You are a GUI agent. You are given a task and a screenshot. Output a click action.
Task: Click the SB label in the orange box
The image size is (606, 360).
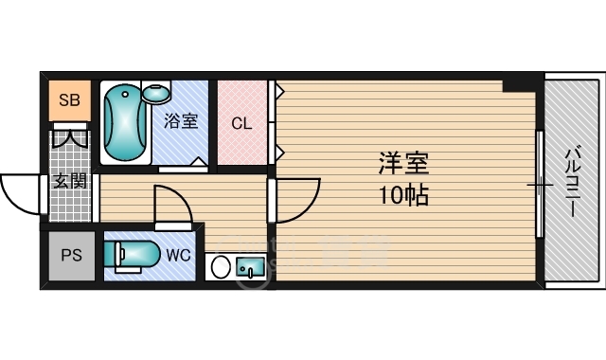(69, 100)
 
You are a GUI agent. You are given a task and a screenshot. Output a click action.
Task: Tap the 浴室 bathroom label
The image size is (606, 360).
(181, 121)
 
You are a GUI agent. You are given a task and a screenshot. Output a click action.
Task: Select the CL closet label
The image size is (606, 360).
(241, 123)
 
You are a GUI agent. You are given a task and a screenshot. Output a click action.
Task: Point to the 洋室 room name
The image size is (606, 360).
(403, 164)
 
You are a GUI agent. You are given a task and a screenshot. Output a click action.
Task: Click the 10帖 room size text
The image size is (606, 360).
(403, 195)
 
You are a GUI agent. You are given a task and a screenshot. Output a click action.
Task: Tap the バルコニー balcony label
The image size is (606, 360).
(574, 181)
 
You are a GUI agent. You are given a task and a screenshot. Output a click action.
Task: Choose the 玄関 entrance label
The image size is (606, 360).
(70, 181)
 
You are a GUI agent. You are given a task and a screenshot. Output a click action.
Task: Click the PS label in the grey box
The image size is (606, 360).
(72, 255)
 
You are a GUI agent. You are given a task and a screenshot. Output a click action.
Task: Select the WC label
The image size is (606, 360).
(178, 255)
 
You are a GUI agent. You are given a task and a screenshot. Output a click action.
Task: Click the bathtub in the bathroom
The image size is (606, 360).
(125, 123)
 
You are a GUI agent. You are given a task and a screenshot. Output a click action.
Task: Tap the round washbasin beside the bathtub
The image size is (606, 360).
(156, 93)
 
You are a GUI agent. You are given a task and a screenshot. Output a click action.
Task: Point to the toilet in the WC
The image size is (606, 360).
(132, 255)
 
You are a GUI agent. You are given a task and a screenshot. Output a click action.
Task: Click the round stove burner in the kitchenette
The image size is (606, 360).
(221, 266)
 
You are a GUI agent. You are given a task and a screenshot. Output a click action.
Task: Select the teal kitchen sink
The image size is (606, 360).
(250, 267)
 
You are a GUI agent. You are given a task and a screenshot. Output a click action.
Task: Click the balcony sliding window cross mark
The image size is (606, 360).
(540, 185)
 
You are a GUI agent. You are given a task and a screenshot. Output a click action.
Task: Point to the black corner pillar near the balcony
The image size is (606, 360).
(519, 85)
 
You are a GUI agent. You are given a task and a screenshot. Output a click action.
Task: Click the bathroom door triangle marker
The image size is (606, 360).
(200, 161)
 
